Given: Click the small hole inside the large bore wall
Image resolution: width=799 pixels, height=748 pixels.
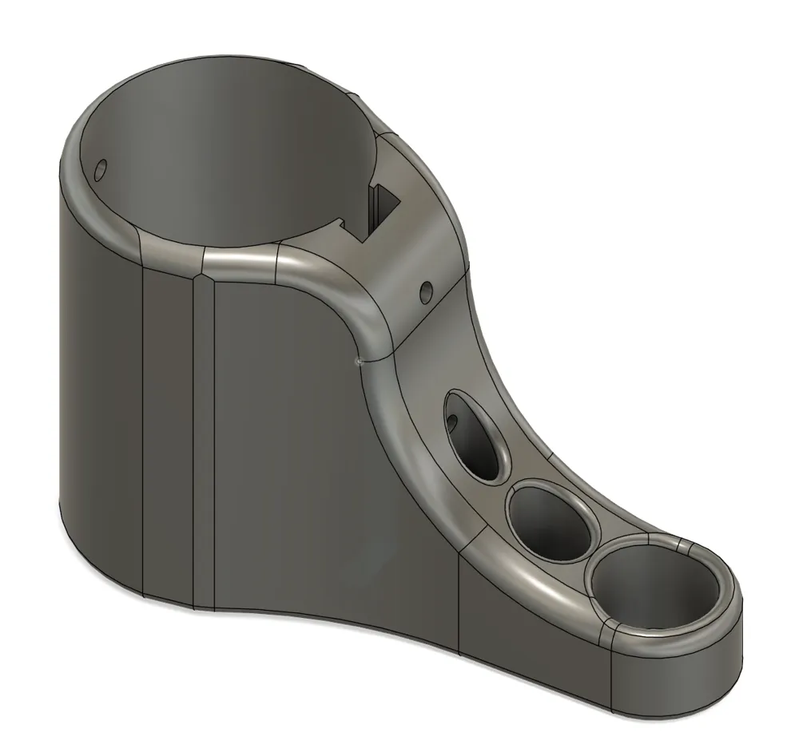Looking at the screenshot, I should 101,170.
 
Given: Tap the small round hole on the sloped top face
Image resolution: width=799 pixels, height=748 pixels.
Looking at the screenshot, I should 426,293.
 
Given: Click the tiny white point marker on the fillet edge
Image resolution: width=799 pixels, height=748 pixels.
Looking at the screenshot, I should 359,363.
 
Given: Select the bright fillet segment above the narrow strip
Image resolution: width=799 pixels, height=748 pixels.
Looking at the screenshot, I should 240,259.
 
